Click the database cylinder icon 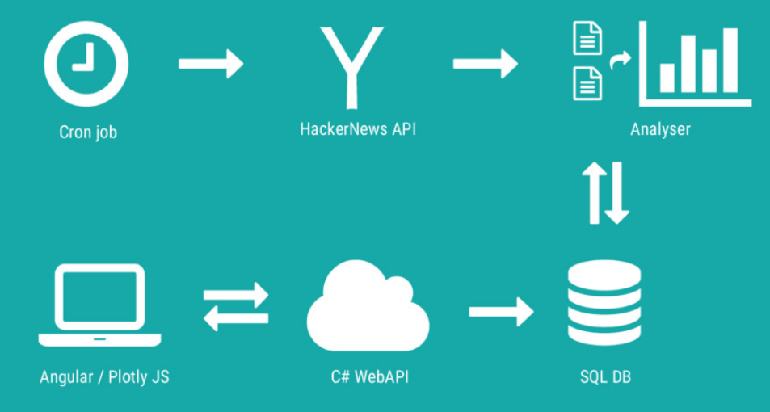tap(604, 302)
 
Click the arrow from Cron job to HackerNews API tap(211, 63)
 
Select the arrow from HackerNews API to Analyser tap(485, 63)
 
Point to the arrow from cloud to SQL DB tap(502, 311)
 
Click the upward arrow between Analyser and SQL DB tap(594, 192)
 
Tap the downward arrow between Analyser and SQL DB tap(616, 192)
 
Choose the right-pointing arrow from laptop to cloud tap(236, 295)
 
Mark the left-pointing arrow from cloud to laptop tap(236, 318)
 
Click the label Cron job tap(88, 132)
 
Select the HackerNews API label tap(358, 129)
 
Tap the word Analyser tap(660, 129)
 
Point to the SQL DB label tap(605, 377)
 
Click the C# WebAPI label tap(370, 377)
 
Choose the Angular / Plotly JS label tap(104, 377)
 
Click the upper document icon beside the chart tap(588, 38)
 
